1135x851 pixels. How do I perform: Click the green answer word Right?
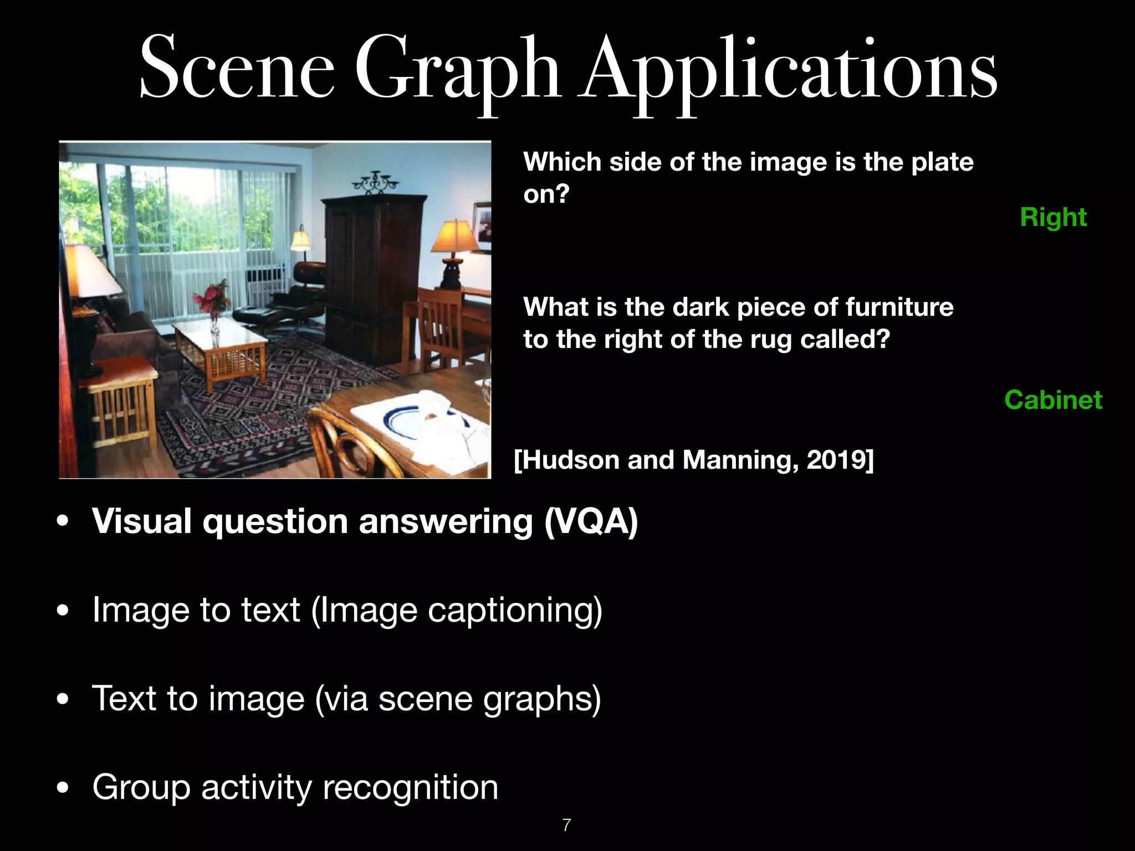[x=1053, y=217]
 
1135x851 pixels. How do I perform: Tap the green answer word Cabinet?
[x=1053, y=400]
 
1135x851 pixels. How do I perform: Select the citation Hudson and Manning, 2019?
[x=694, y=460]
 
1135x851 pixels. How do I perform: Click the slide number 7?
[x=566, y=825]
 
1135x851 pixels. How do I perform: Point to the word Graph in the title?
[x=458, y=72]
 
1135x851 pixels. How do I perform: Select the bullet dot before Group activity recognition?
[x=63, y=787]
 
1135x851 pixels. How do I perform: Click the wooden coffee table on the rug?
[x=222, y=346]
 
